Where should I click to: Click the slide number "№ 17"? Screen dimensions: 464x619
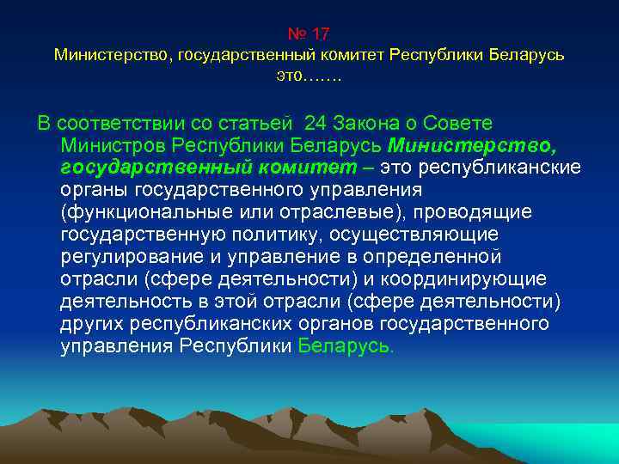(309, 34)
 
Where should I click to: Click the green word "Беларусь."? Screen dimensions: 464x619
(346, 346)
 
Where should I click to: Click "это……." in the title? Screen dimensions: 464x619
(309, 76)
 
